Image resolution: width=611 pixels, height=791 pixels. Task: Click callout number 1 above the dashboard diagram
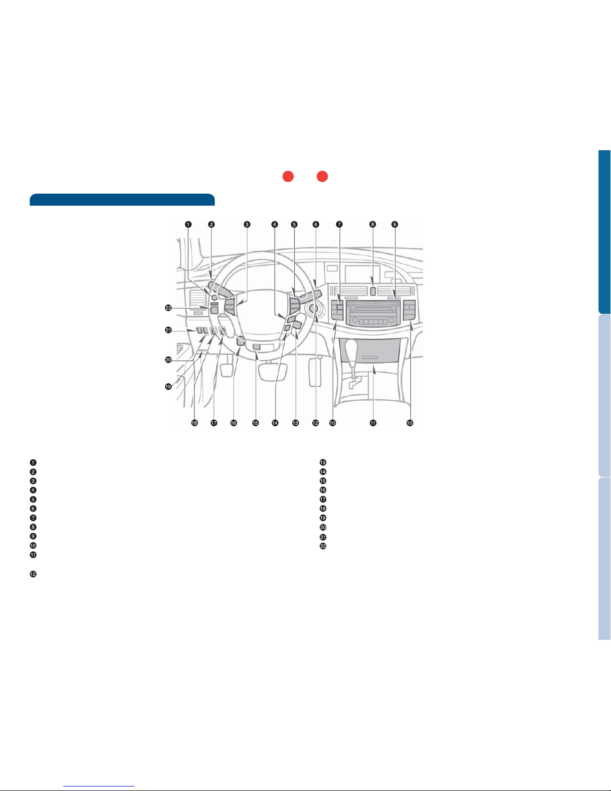[188, 224]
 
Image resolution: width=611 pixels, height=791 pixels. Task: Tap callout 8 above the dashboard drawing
[373, 224]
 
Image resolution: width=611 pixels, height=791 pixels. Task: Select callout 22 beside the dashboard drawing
[169, 308]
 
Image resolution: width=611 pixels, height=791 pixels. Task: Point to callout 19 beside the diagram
[169, 387]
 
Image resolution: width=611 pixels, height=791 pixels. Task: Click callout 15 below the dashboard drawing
[255, 423]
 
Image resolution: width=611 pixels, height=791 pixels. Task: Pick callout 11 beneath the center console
[373, 423]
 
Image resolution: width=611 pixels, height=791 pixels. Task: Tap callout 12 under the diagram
[315, 423]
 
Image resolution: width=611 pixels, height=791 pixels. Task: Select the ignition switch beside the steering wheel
[313, 309]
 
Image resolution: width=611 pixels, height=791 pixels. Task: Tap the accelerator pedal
[315, 372]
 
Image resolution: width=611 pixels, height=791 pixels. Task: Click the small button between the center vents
[373, 291]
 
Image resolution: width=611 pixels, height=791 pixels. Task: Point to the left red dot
[288, 176]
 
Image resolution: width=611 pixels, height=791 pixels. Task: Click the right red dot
[322, 176]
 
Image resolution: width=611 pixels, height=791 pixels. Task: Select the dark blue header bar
[122, 200]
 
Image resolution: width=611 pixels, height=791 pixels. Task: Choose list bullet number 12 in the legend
[33, 574]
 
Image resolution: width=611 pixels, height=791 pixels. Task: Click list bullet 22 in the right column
[323, 546]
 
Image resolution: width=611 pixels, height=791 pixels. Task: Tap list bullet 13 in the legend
[323, 462]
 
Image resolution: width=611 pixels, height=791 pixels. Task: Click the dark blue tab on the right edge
[605, 232]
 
